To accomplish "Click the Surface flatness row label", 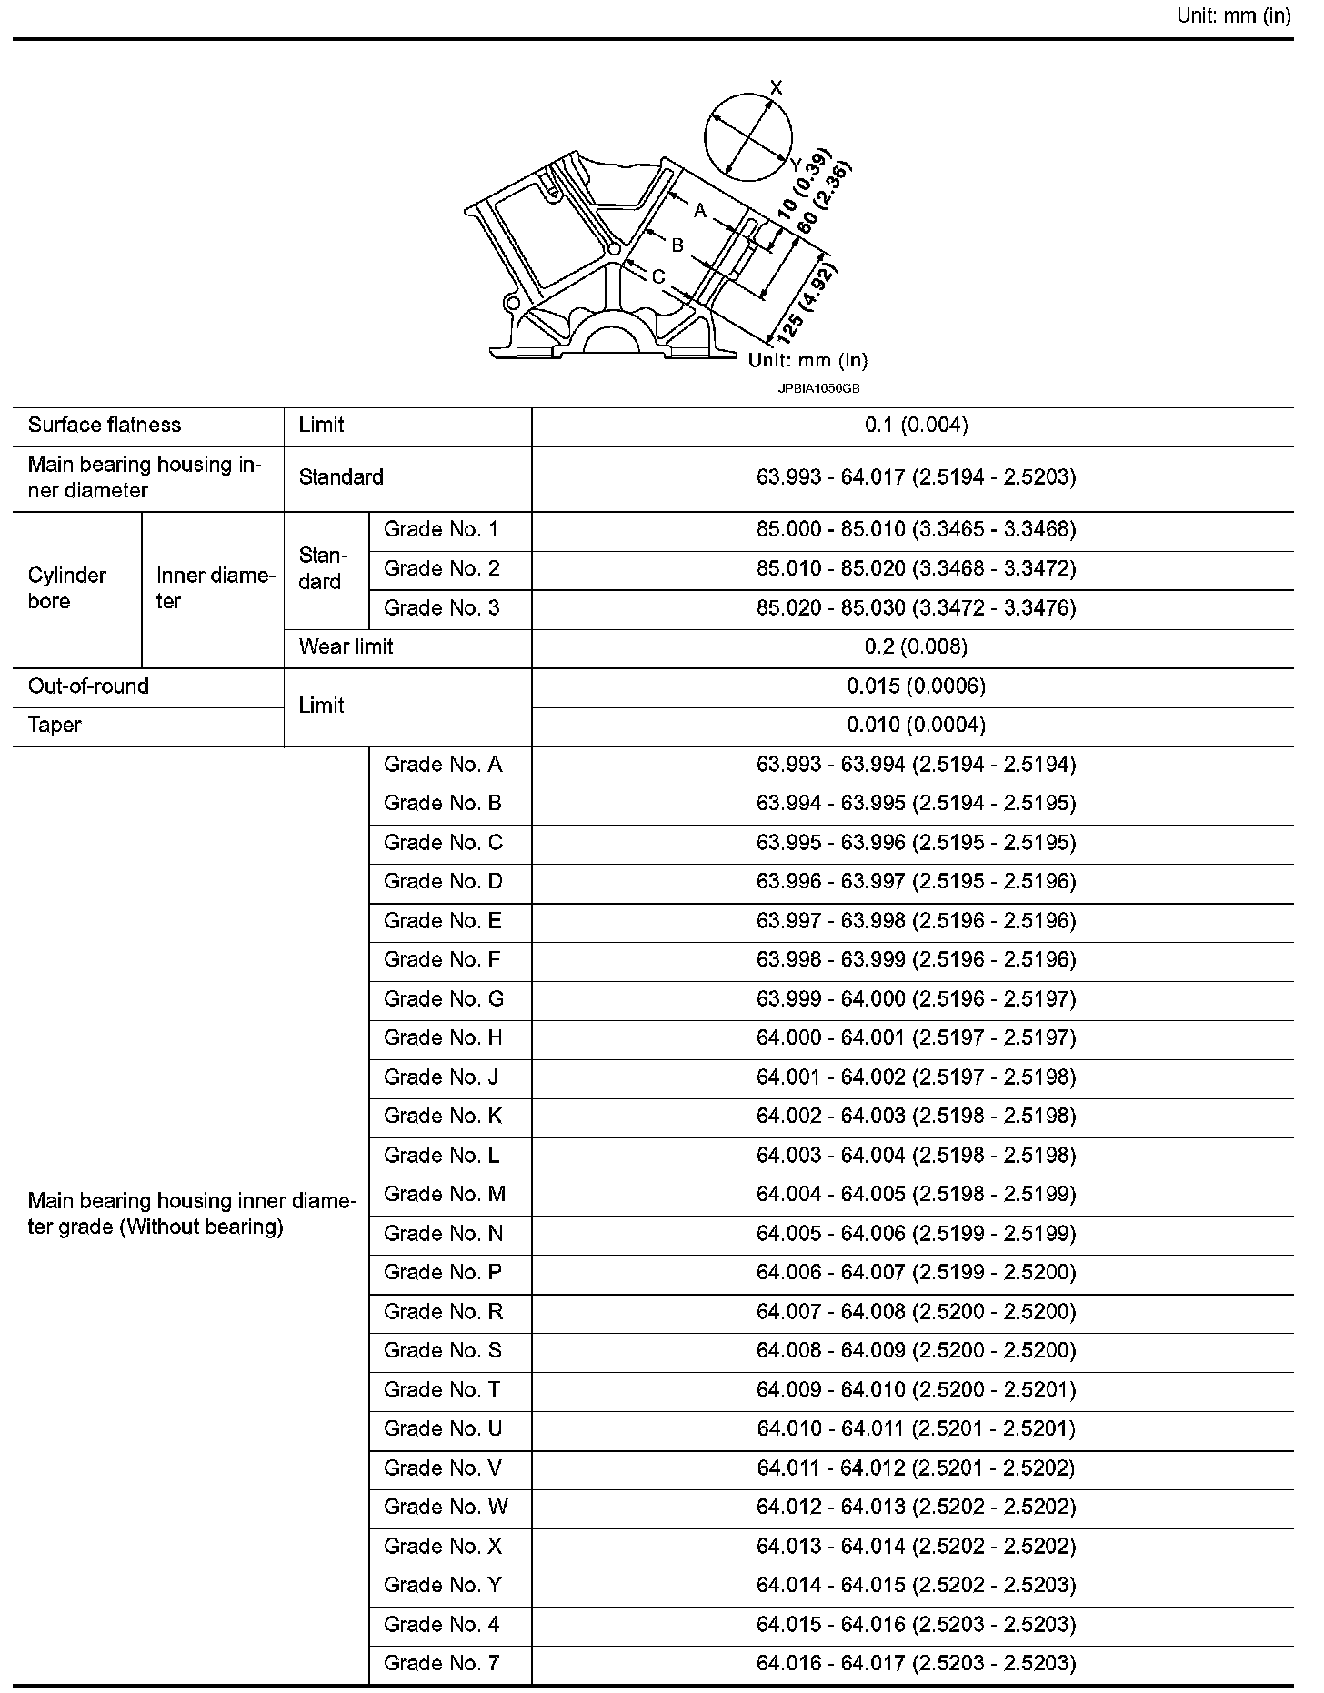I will click(105, 426).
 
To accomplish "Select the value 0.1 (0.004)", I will click(916, 426).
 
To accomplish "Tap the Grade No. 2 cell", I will click(442, 569).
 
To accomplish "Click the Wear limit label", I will click(346, 647).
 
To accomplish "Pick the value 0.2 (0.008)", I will click(916, 647).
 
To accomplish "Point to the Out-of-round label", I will click(89, 686).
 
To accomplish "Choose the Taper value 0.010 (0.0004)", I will click(916, 726).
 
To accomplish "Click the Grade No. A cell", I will click(443, 765).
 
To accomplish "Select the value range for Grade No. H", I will click(916, 1038).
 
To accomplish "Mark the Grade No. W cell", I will click(446, 1508).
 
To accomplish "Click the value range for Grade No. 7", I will click(916, 1664).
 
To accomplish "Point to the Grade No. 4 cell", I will click(442, 1625).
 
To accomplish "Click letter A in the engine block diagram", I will click(700, 211).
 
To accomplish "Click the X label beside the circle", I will click(776, 88).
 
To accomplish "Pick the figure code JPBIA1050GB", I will click(818, 388).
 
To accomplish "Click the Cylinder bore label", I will click(67, 588).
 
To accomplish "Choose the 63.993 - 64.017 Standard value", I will click(916, 477).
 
